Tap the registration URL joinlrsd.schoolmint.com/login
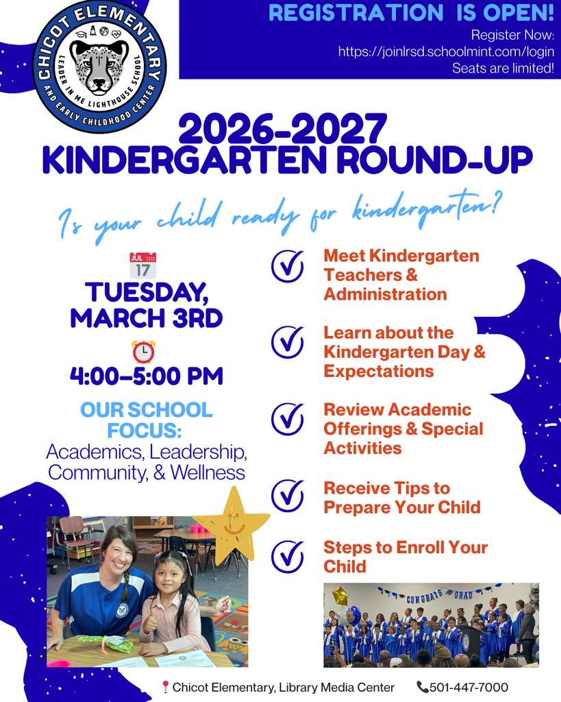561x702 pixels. [x=445, y=51]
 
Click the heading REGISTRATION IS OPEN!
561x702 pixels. [x=411, y=12]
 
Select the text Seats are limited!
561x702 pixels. [x=503, y=68]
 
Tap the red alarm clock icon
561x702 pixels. [x=143, y=351]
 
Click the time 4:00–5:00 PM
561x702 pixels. [x=146, y=376]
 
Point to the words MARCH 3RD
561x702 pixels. [x=146, y=317]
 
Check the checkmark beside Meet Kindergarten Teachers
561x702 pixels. [x=288, y=266]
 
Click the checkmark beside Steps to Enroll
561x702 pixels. [x=288, y=556]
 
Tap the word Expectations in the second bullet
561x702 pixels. [x=379, y=371]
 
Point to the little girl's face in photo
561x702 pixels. [x=168, y=576]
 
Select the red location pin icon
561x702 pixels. [x=165, y=687]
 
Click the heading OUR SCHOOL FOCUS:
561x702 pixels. [x=146, y=420]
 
